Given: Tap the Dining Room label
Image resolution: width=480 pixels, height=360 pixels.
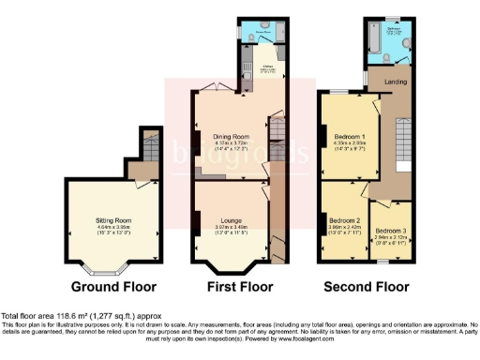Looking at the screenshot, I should pos(229,136).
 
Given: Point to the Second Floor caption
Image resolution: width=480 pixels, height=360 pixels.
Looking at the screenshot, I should pos(367,286).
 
